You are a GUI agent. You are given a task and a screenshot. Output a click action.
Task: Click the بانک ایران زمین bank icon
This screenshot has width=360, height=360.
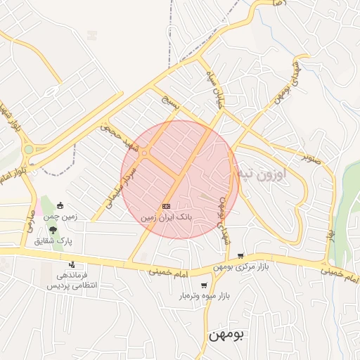pyautogui.click(x=166, y=206)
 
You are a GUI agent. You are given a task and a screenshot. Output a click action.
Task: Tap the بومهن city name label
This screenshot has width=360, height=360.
pyautogui.click(x=227, y=335)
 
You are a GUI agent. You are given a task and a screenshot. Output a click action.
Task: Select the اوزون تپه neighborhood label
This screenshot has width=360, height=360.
pyautogui.click(x=260, y=172)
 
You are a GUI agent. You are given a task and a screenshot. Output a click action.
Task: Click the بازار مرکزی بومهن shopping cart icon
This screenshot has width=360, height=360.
pyautogui.click(x=241, y=256)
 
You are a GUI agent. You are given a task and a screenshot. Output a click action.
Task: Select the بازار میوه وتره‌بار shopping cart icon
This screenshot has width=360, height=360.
pyautogui.click(x=204, y=285)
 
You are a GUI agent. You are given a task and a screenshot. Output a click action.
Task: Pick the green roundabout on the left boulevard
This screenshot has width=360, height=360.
pyautogui.click(x=28, y=149)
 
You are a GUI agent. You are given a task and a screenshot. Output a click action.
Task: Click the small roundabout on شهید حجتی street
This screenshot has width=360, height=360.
pyautogui.click(x=144, y=153)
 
